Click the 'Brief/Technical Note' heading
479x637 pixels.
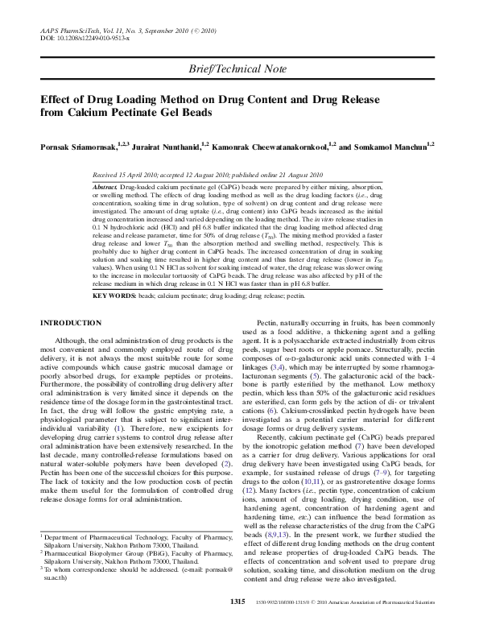coord(239,71)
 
